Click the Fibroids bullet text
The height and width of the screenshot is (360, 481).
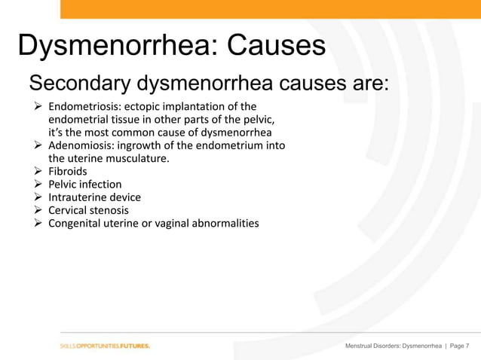[x=68, y=171]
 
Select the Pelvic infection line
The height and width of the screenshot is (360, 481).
[x=84, y=185]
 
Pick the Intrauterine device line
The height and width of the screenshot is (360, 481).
[x=94, y=197]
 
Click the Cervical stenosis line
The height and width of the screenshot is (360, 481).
[x=88, y=210]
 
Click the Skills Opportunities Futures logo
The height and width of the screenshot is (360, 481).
[x=105, y=346]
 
